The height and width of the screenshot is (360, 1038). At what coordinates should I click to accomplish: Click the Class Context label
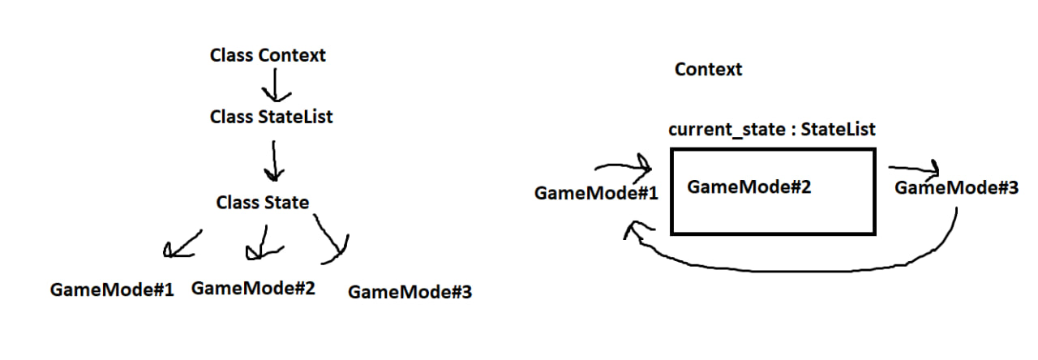268,56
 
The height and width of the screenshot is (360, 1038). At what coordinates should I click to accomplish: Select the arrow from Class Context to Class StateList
274,84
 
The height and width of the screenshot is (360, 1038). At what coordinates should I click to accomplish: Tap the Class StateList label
271,117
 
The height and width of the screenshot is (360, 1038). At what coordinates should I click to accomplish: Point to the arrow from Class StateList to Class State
276,161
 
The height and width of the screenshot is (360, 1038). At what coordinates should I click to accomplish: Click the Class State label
263,202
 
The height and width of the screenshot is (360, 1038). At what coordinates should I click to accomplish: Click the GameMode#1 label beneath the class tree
112,289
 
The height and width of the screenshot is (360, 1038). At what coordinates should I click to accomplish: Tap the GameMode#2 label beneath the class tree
253,288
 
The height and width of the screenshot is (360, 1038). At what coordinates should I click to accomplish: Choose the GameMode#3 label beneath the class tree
410,292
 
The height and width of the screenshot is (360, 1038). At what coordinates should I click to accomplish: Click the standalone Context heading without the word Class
708,70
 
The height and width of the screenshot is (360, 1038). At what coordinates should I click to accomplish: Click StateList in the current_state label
838,130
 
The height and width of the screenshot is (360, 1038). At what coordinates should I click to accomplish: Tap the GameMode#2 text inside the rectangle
749,187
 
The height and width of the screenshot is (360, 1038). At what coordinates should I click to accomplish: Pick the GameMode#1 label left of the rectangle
596,194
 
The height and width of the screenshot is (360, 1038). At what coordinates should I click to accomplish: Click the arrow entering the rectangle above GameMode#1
624,169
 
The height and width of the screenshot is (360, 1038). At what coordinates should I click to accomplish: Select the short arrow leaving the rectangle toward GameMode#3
914,169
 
